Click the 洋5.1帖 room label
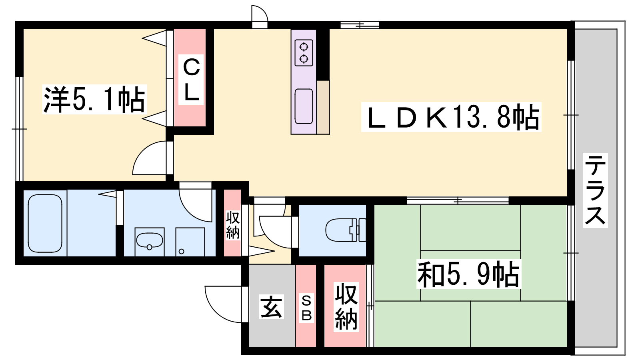click(94, 100)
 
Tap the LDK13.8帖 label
click(451, 117)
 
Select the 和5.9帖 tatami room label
click(468, 274)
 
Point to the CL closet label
click(191, 80)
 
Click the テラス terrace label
click(595, 190)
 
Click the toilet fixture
click(346, 230)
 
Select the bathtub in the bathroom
click(45, 223)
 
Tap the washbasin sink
click(150, 240)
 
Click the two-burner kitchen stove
click(304, 53)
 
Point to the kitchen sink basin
click(304, 106)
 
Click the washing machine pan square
click(190, 242)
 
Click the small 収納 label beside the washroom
click(232, 225)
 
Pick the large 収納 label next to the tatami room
click(346, 307)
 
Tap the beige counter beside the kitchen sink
click(323, 107)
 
